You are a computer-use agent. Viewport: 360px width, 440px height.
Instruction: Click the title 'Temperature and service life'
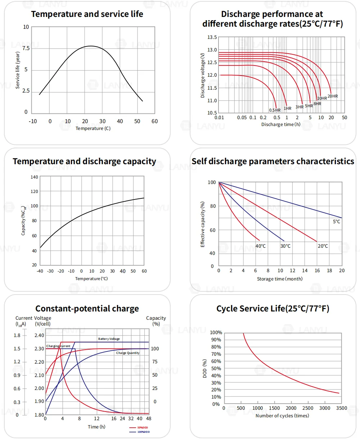pos(87,14)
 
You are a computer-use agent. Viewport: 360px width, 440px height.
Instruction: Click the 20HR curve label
pos(333,96)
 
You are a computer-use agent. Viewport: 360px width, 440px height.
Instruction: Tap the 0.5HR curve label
pos(275,110)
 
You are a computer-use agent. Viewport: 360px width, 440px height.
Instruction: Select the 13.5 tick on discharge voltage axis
pos(212,37)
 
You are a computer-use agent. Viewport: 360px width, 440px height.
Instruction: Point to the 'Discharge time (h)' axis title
pos(280,125)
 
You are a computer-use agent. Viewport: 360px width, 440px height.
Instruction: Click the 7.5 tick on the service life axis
pos(26,48)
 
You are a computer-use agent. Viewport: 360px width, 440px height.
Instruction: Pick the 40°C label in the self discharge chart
pos(261,246)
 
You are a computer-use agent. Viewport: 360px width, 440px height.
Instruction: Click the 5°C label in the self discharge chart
pos(336,222)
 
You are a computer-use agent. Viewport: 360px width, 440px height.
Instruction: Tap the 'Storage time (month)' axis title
pos(280,279)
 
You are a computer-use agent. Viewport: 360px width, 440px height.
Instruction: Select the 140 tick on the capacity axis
pos(34,177)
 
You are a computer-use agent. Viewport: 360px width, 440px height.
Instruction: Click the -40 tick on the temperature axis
pos(40,271)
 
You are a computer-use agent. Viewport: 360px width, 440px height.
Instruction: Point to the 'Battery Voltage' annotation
pos(109,339)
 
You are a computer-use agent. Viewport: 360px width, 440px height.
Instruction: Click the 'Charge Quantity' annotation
pos(128,353)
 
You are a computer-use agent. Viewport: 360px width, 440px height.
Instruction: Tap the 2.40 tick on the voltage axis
pos(39,336)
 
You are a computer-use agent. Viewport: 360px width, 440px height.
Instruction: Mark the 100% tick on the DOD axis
pos(216,333)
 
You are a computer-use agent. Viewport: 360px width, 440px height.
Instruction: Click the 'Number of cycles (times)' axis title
pos(282,416)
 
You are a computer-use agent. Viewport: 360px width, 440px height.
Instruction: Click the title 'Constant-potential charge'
pos(87,309)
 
